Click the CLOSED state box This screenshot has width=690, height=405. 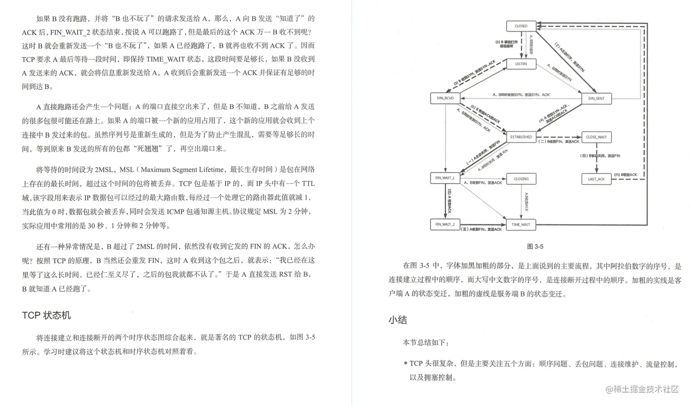tap(521, 26)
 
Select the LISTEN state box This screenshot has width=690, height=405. tap(521, 64)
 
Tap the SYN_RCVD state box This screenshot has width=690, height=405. tap(445, 98)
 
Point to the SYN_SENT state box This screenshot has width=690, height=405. tap(596, 99)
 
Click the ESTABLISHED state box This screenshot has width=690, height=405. tap(521, 137)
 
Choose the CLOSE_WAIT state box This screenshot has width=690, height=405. tap(596, 137)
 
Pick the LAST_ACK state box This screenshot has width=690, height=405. tap(596, 179)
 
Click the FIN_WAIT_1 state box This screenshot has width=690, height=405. tap(445, 178)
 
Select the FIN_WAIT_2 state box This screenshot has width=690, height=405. tap(445, 224)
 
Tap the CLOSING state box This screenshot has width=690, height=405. tap(521, 179)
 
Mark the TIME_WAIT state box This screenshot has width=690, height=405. tap(521, 225)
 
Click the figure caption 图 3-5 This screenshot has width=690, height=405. tap(535, 247)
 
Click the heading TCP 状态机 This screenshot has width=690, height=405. tap(46, 316)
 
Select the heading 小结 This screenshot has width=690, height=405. tap(397, 320)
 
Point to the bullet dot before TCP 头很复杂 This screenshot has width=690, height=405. tap(405, 363)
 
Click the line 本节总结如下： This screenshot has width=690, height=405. tap(425, 342)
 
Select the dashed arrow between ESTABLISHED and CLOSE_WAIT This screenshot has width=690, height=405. tap(559, 137)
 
